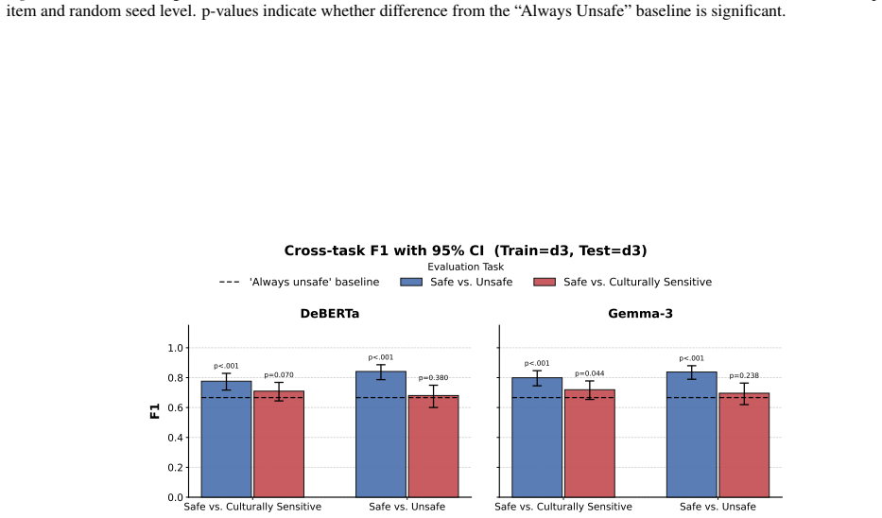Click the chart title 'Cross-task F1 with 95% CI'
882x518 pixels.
point(383,250)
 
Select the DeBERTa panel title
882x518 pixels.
point(330,314)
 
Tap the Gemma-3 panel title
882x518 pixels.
point(640,314)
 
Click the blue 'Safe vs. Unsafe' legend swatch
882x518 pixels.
point(411,282)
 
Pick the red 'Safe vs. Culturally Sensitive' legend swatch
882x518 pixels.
point(545,282)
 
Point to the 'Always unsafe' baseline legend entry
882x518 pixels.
point(300,282)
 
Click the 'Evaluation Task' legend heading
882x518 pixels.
point(466,268)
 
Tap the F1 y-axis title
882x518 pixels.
point(155,411)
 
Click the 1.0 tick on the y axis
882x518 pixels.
point(176,348)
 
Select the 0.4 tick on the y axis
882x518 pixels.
point(176,438)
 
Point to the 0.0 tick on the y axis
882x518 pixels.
point(176,497)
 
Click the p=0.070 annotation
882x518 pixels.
point(279,375)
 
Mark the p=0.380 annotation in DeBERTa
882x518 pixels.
point(433,378)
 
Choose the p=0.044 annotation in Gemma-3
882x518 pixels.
point(590,373)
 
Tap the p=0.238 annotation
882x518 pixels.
point(744,375)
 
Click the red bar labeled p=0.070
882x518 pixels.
point(279,444)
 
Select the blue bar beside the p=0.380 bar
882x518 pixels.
point(381,434)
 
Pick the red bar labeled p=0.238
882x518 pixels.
point(744,445)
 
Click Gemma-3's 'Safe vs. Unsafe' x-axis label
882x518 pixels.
point(718,507)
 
